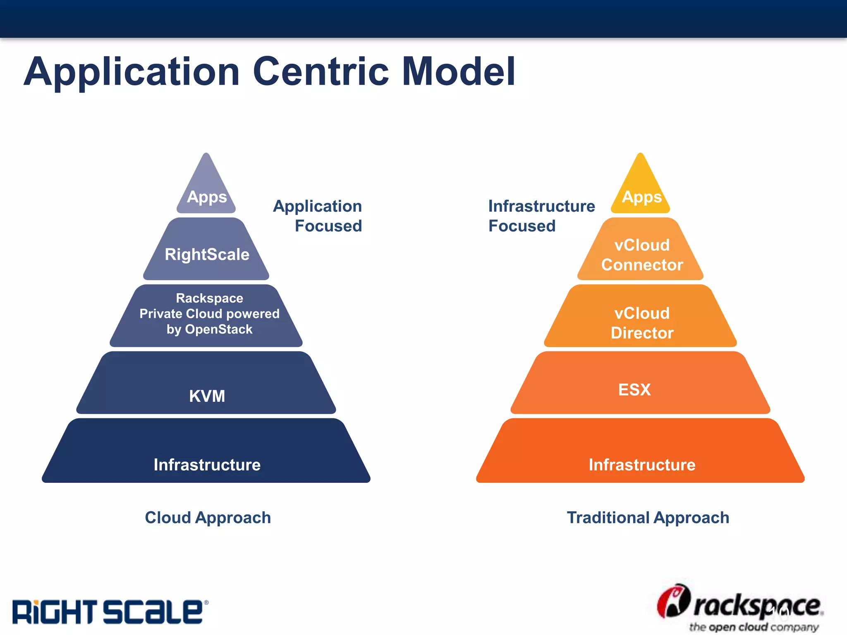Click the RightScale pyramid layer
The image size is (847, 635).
click(207, 254)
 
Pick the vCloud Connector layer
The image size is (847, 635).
click(641, 254)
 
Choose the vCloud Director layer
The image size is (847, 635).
click(641, 322)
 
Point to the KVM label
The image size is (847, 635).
click(207, 396)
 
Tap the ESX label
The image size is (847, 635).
click(634, 389)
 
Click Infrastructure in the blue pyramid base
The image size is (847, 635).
click(207, 465)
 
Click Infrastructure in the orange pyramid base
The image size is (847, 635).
click(642, 465)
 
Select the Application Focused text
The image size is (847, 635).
click(318, 216)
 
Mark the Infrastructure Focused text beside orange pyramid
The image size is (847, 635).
click(541, 216)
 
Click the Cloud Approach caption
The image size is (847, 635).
click(208, 518)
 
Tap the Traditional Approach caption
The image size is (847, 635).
click(648, 518)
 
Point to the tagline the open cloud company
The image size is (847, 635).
click(754, 627)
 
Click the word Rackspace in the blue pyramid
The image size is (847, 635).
click(209, 298)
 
